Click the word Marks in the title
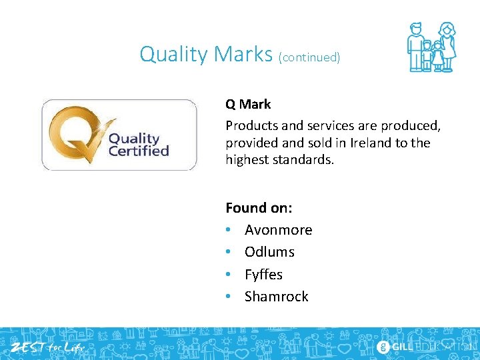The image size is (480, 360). point(242,54)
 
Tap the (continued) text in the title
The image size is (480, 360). point(310,57)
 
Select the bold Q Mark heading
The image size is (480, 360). point(248,104)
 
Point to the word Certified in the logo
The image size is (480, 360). point(139,151)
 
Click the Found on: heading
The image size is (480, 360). point(259,207)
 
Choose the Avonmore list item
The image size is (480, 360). point(278,230)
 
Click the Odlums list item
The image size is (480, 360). point(269,252)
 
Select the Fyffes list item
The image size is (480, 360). point(263,275)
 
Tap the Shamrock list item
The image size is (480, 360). point(276,297)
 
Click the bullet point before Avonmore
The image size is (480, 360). point(229,230)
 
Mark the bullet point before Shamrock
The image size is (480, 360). point(229,297)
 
